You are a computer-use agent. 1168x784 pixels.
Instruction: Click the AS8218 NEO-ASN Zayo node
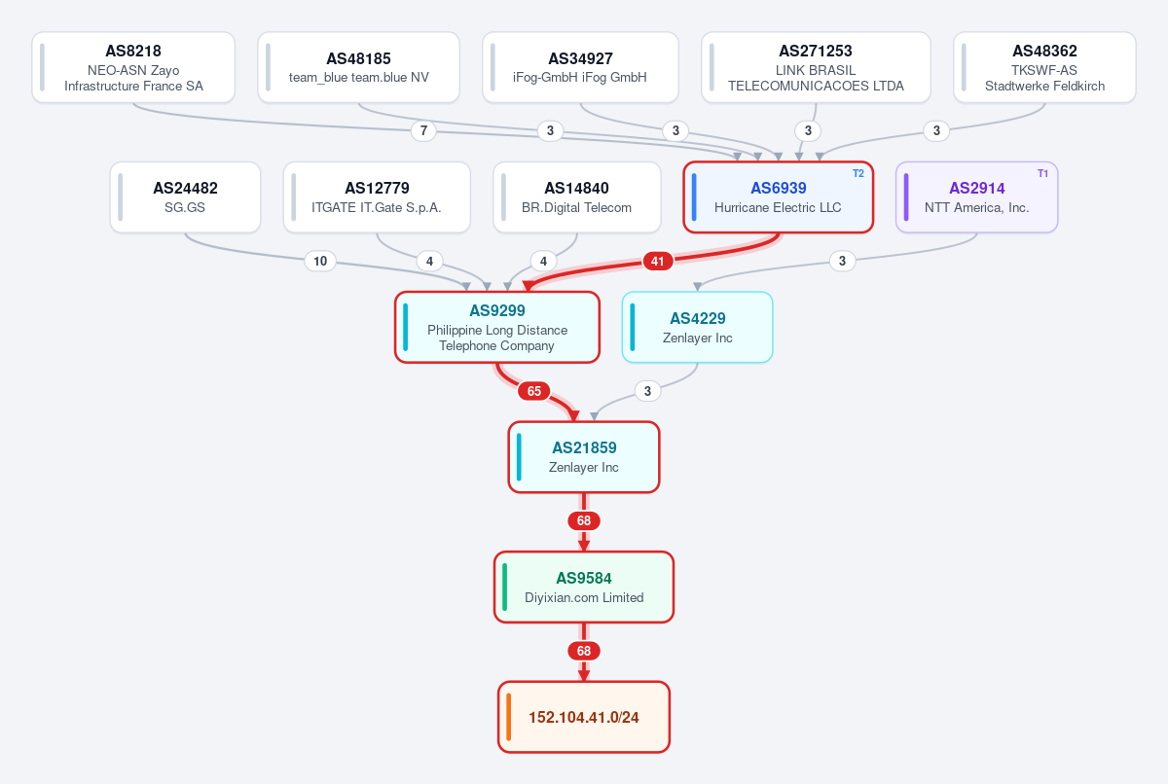(x=133, y=67)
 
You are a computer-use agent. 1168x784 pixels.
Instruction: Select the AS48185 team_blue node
(x=359, y=67)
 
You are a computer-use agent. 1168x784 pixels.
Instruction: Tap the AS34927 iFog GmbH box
(x=580, y=67)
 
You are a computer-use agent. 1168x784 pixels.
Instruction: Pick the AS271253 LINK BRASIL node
(x=816, y=67)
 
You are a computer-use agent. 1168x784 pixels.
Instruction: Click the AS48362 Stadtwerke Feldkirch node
(x=1045, y=67)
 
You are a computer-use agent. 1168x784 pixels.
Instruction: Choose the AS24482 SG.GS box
(x=185, y=196)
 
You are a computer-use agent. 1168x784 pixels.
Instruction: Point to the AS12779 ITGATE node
(x=377, y=196)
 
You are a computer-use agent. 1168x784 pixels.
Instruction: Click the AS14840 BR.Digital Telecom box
(x=577, y=196)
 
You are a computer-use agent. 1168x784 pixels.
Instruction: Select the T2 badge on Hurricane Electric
(x=858, y=173)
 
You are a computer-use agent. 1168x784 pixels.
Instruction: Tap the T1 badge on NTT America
(x=1042, y=173)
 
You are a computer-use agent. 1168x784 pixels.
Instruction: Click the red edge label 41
(x=658, y=261)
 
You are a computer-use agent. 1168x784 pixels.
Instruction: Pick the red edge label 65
(x=534, y=391)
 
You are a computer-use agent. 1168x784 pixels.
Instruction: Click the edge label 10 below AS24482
(x=320, y=261)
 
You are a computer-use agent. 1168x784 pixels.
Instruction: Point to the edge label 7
(x=423, y=130)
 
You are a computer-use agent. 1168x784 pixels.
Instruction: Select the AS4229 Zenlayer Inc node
(x=698, y=327)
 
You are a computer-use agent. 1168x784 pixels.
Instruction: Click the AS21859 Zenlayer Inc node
(x=584, y=457)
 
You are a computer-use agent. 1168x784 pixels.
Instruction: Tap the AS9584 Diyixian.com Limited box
(x=584, y=588)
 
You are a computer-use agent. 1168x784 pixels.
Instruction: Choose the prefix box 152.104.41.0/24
(x=584, y=717)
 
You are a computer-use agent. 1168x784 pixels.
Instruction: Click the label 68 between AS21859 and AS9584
(x=584, y=521)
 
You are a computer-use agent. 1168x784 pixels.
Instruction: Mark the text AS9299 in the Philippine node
(x=497, y=310)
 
